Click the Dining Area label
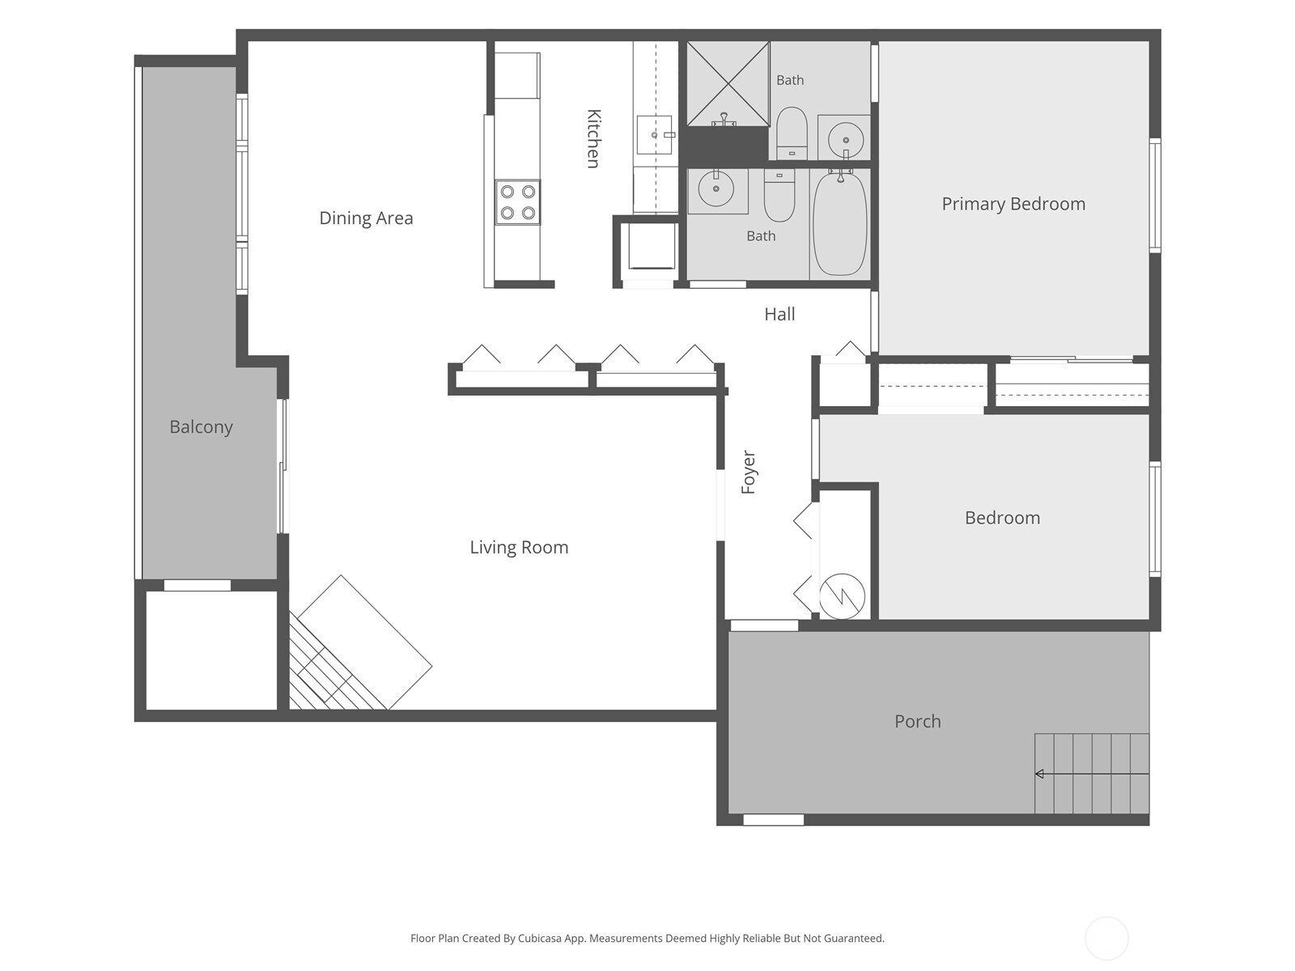366,218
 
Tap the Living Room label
519,547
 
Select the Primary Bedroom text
1013,204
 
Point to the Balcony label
202,427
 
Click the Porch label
917,721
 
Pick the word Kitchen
593,138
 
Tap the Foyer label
748,473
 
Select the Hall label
779,314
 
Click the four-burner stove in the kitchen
517,202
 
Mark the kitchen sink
655,135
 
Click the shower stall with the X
728,83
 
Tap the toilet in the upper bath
791,134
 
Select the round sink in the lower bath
716,189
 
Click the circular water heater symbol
842,596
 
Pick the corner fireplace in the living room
360,642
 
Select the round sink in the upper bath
846,140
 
